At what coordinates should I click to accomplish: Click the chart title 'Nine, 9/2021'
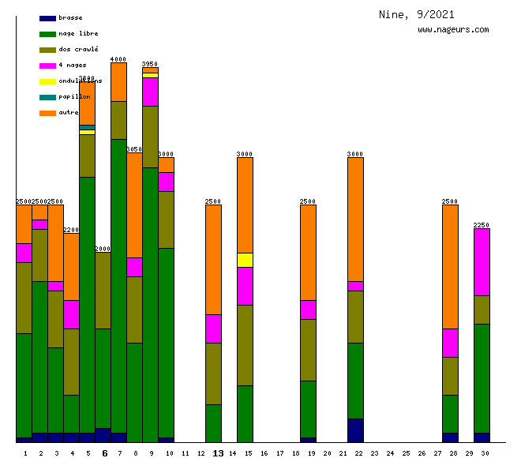(x=416, y=14)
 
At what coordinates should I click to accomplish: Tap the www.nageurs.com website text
(x=453, y=30)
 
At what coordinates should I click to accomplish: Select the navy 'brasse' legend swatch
(x=47, y=18)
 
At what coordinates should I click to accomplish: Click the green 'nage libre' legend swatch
(x=47, y=34)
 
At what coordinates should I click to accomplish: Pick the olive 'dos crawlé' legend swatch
(x=47, y=50)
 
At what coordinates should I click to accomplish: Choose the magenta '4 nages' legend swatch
(x=47, y=66)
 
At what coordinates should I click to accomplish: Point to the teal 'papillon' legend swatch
(x=47, y=97)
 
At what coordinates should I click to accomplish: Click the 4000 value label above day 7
(x=118, y=59)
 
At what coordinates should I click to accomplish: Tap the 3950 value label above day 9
(x=150, y=64)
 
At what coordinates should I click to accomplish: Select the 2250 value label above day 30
(x=482, y=225)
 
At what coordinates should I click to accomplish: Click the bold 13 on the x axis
(x=218, y=453)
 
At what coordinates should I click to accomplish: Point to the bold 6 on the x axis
(x=104, y=453)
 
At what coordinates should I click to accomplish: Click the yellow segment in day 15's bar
(x=245, y=260)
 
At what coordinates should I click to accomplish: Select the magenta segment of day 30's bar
(x=482, y=261)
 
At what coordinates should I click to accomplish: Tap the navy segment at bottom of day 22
(x=355, y=430)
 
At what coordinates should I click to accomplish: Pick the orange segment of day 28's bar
(x=450, y=266)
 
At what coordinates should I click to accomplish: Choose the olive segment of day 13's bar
(x=213, y=374)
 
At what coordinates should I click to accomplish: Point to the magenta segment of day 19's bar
(x=308, y=310)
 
